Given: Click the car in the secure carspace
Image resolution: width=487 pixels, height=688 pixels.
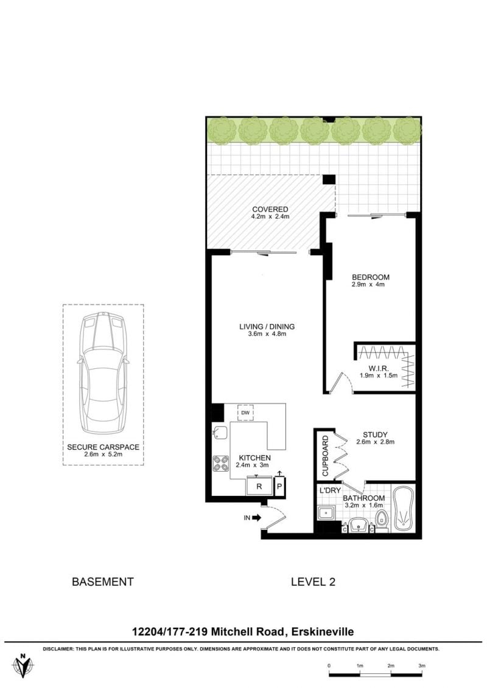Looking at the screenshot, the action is point(103,373).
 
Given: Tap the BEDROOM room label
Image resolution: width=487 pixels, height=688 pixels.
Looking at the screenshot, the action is point(371,277).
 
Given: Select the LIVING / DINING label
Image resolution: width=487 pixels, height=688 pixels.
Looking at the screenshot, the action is point(267,326).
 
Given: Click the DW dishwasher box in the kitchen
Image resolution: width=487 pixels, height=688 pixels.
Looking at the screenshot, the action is point(245,413).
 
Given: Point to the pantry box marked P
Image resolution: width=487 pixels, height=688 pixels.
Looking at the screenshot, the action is point(279,486).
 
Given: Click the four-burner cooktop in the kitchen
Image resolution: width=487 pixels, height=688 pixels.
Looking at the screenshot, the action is point(221,464).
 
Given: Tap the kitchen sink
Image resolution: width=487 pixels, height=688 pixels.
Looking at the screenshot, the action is point(219,433).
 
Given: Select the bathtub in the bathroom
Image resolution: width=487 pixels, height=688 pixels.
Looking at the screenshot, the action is point(402,509).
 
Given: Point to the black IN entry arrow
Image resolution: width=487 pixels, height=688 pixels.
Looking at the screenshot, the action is point(256,518).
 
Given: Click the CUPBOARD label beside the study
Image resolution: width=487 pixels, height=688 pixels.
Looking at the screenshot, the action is point(325,456).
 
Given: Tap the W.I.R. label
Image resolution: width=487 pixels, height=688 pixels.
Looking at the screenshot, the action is point(379,369).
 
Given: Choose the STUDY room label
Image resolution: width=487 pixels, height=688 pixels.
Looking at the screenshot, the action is point(375,435).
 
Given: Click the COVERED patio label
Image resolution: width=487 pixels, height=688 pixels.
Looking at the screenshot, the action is point(270,209).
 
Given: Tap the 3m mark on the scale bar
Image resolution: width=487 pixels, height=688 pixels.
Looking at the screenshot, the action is point(421,665).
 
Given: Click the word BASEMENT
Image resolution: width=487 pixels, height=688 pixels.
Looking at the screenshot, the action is point(102,582).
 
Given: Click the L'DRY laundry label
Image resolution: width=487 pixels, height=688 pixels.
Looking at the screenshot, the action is point(330,490).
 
